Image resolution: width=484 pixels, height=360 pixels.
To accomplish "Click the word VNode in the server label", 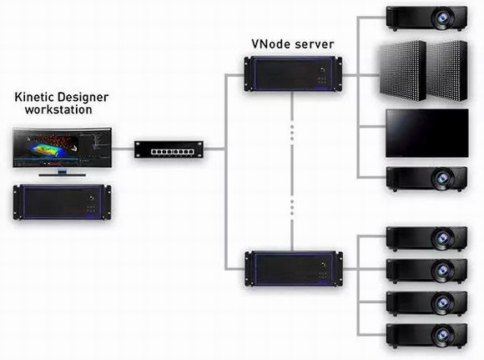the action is click(271, 44).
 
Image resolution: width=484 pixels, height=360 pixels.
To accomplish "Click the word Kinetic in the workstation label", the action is click(34, 97).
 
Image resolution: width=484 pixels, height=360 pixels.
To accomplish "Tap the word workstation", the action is click(58, 109).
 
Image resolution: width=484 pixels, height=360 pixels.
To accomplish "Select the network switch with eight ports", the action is click(169, 150).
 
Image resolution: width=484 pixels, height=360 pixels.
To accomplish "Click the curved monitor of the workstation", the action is click(62, 148).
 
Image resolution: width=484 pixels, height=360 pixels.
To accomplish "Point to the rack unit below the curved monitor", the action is click(62, 202).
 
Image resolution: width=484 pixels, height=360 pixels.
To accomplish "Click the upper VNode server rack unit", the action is click(293, 74).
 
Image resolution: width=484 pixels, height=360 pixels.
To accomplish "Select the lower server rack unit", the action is click(294, 269).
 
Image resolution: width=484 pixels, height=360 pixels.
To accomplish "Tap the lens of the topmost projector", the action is click(443, 18).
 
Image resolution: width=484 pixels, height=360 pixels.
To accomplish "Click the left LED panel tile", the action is click(403, 71).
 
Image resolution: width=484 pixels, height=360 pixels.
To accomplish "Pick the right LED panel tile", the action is click(447, 71).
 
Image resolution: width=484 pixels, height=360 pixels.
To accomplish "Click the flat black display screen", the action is click(427, 133).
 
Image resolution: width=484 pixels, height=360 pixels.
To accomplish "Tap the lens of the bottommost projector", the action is click(443, 335).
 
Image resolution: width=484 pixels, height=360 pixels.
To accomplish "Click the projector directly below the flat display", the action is click(426, 179).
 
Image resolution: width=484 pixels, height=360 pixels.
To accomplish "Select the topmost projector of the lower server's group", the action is click(426, 238).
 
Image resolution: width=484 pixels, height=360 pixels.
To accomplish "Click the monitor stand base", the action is click(62, 175).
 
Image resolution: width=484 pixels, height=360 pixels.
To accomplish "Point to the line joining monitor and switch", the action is click(123, 149).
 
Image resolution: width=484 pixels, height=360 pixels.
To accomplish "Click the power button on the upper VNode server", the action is click(323, 69).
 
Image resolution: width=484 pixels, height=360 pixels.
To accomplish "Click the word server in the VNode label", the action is click(315, 44).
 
